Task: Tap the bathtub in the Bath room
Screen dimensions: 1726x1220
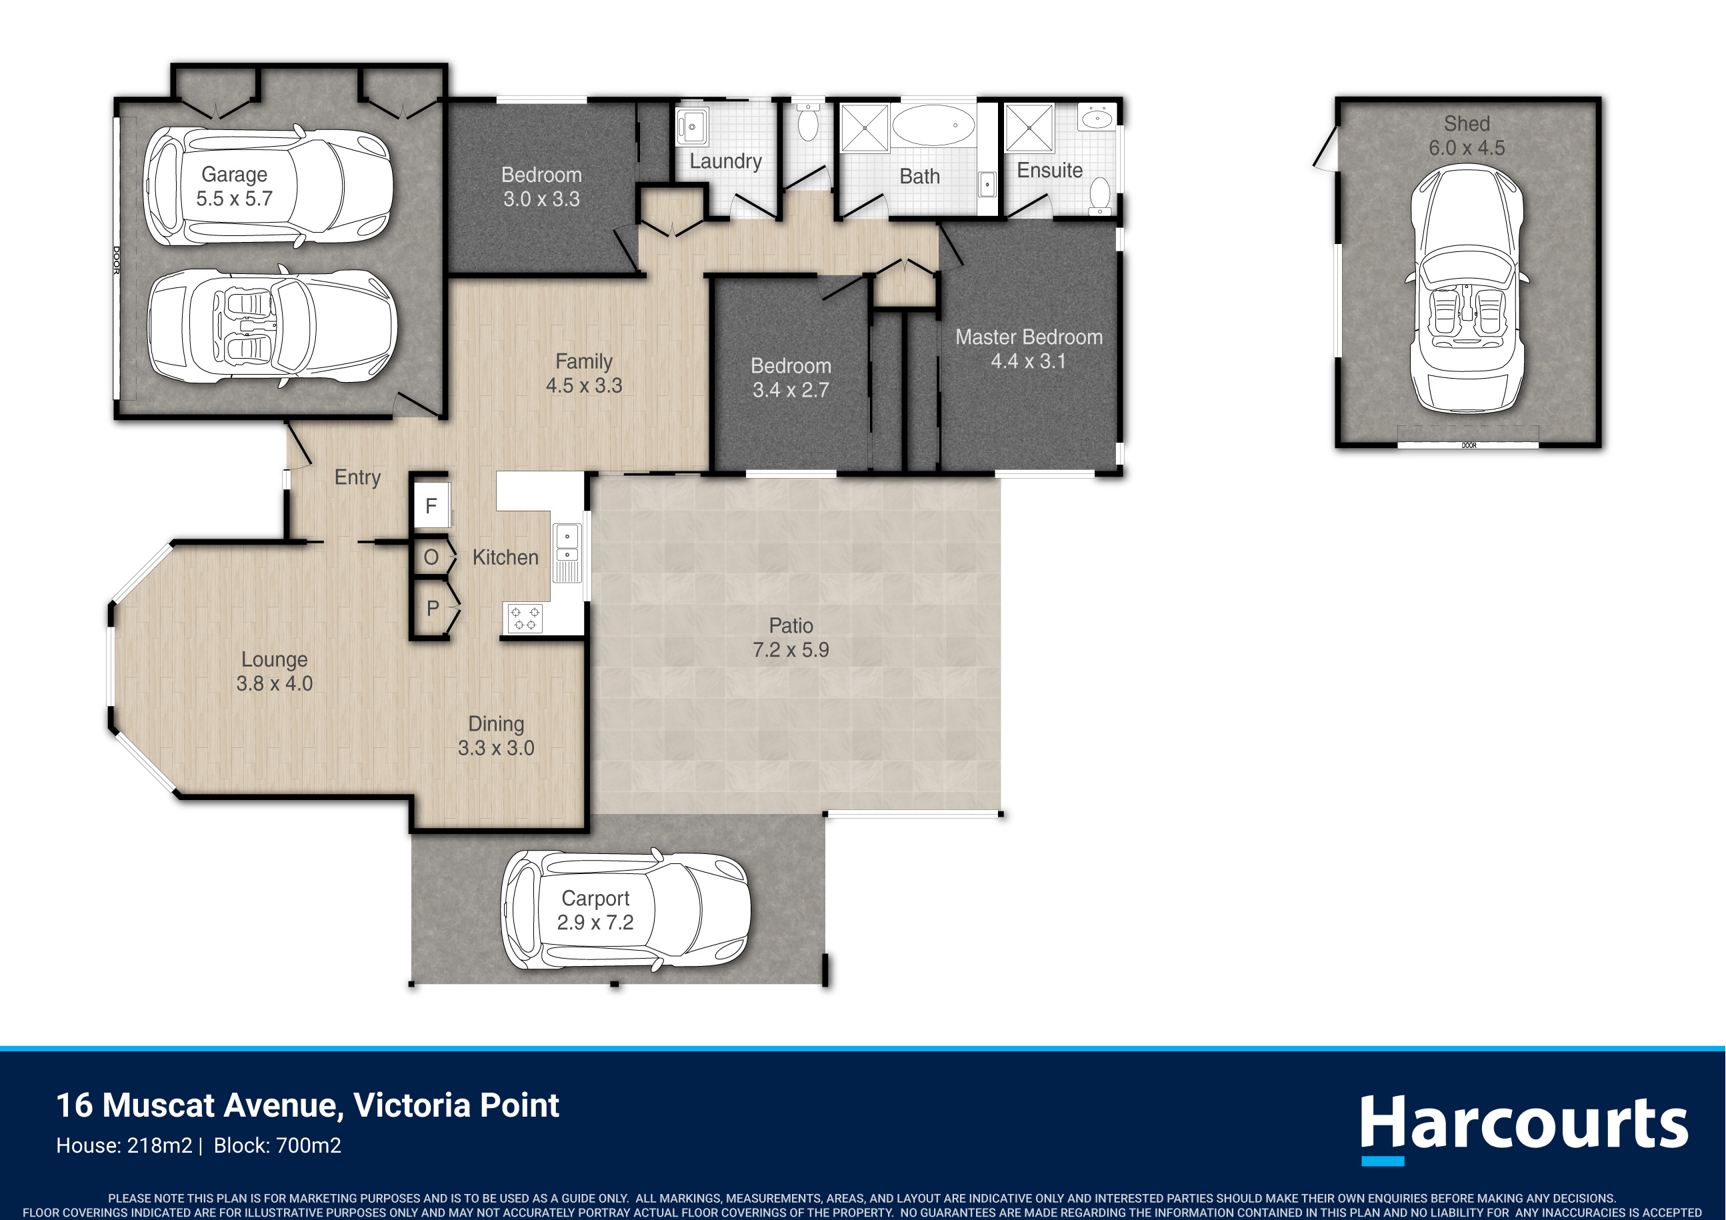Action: click(x=933, y=125)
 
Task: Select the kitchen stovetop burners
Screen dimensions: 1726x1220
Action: click(x=525, y=618)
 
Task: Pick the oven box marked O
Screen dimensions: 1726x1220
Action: click(x=431, y=558)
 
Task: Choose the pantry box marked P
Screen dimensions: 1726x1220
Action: click(x=432, y=608)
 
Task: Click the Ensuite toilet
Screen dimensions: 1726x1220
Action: click(x=1100, y=195)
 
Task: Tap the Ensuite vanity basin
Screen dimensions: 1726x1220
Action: click(x=1097, y=118)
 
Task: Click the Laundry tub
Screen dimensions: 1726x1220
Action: click(x=691, y=126)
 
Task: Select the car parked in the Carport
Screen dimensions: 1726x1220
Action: click(x=625, y=909)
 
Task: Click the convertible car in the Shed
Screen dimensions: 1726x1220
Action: click(x=1467, y=289)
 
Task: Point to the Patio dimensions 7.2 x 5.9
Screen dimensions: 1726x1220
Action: click(x=791, y=649)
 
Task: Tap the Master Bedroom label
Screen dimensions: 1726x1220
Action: click(x=1029, y=337)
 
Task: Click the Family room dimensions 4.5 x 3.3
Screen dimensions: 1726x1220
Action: click(x=584, y=385)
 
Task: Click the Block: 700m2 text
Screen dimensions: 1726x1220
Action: click(x=277, y=1145)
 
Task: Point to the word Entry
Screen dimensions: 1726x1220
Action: click(x=358, y=477)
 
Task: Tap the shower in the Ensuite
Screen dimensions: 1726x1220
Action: click(x=1029, y=129)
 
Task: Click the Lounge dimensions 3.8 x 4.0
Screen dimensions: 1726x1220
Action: click(x=275, y=683)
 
